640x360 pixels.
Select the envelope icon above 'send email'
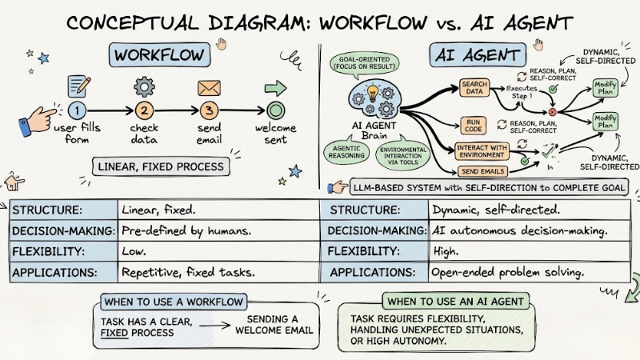[209, 86]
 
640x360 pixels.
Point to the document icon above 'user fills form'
[78, 85]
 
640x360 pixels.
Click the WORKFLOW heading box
[159, 55]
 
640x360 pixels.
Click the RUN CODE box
[473, 126]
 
